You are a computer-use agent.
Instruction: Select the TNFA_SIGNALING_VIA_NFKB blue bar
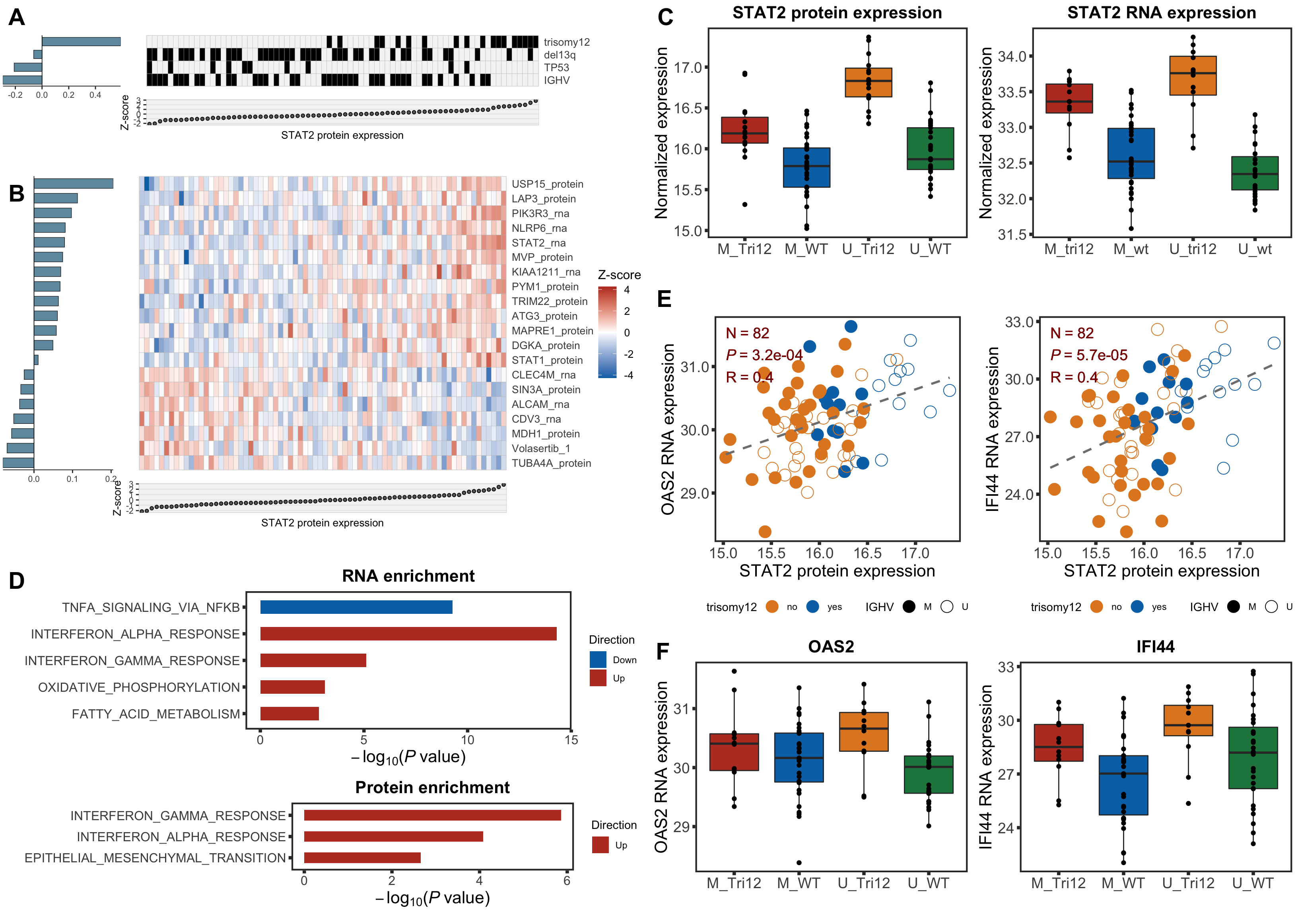point(356,607)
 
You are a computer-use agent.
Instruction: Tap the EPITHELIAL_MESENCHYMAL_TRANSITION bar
point(362,858)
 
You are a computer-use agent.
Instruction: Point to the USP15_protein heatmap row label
point(547,184)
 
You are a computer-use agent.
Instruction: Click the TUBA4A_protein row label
point(551,464)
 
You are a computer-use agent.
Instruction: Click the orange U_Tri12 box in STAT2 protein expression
point(869,83)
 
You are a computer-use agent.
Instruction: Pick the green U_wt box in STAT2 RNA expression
point(1255,173)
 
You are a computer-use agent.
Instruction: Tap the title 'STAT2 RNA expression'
point(1161,12)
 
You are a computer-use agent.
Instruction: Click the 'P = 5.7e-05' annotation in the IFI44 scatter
point(1089,355)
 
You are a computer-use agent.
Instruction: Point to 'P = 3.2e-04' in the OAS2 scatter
point(764,355)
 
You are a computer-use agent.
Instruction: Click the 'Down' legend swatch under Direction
point(598,660)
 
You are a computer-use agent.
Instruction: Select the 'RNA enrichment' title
point(408,576)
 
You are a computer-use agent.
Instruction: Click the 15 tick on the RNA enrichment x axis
point(571,740)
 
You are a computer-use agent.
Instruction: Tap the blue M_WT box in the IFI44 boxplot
point(1123,785)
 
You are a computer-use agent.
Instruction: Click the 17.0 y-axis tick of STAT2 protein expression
point(688,68)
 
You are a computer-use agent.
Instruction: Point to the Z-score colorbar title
point(619,275)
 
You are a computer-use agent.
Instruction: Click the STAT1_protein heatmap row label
point(547,361)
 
